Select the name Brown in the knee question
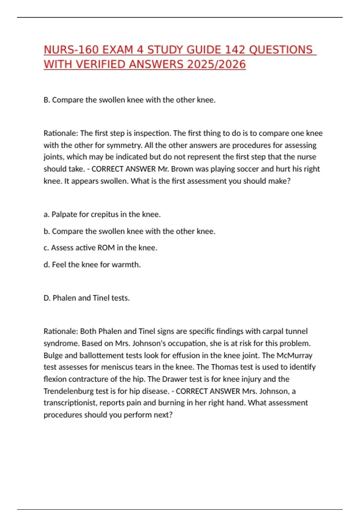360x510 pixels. [x=182, y=169]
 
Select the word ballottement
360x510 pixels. [x=101, y=355]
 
